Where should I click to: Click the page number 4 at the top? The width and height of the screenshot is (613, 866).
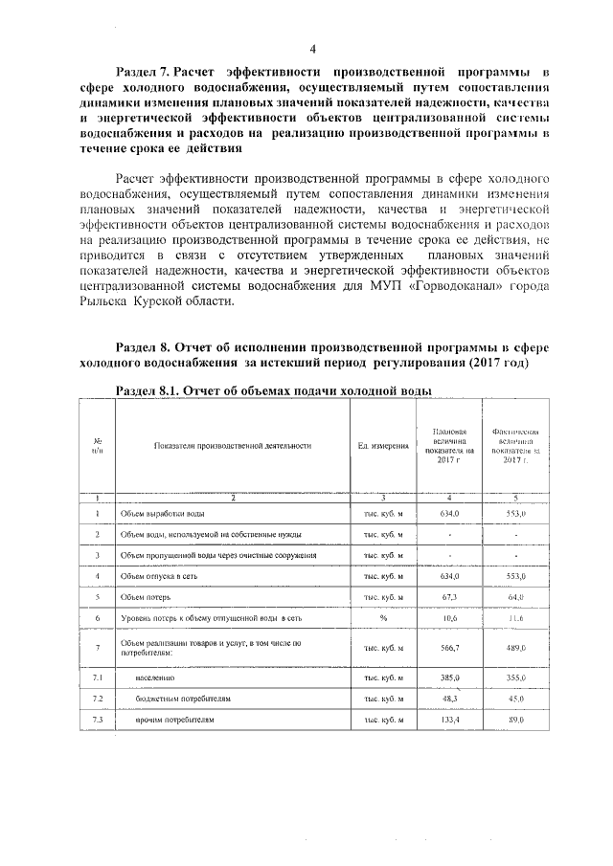tap(312, 49)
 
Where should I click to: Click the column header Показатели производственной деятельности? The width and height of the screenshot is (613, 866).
tap(231, 446)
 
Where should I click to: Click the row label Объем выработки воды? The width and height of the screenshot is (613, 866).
tap(160, 513)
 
